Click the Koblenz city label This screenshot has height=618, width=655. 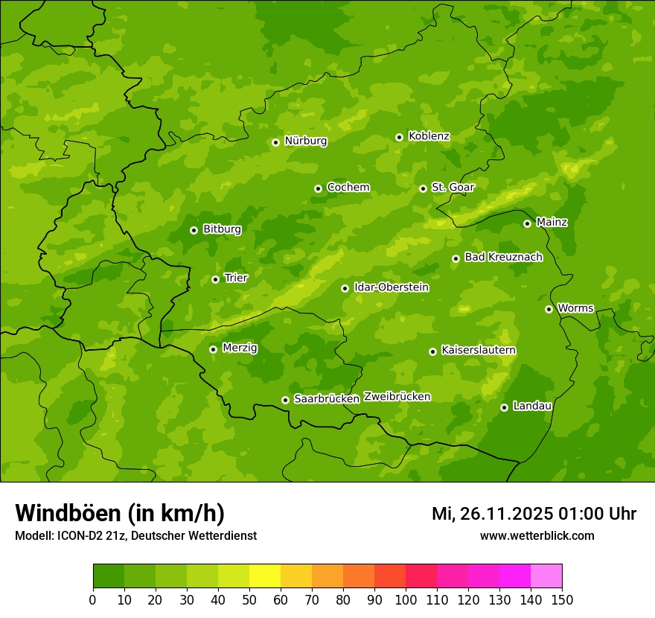(429, 136)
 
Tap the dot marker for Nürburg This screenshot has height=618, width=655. (275, 142)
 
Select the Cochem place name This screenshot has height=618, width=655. (348, 187)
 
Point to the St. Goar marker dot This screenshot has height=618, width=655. (423, 188)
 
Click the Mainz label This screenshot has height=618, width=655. (552, 222)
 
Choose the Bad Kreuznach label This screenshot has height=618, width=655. (503, 257)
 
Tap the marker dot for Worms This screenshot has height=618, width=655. (549, 309)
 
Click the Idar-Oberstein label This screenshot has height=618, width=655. (391, 287)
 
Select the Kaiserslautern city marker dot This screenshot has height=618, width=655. (432, 351)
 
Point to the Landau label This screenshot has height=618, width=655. (532, 406)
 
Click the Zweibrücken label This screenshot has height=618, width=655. (397, 396)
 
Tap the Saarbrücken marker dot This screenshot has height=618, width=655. (285, 400)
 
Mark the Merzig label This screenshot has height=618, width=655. (240, 348)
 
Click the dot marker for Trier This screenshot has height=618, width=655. (215, 279)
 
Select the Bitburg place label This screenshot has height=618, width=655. (222, 229)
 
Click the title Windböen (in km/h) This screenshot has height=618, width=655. (120, 513)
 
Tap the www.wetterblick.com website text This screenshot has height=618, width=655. (537, 535)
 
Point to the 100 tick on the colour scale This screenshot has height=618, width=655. (406, 599)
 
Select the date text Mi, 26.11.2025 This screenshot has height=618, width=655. (492, 514)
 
